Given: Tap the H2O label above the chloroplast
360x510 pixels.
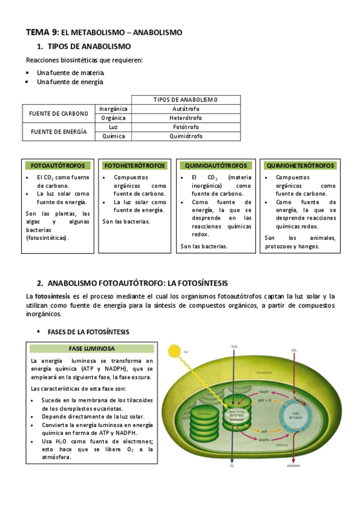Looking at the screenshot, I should [234, 347].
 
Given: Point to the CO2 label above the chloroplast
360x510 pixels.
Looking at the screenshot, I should [294, 349].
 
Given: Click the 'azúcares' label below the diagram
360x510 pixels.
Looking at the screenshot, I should [294, 466].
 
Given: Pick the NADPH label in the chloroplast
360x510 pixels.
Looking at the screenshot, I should [263, 440].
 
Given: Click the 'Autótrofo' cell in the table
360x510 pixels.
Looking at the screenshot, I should [185, 109].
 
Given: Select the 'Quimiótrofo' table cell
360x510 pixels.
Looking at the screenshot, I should [185, 136].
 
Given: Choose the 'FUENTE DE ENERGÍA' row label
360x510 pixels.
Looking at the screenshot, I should [58, 131].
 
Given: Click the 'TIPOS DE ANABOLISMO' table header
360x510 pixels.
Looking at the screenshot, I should [185, 100].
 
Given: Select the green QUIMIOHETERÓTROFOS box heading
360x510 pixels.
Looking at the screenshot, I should [300, 165].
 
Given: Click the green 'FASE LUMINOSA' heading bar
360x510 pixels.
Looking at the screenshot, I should [92, 348].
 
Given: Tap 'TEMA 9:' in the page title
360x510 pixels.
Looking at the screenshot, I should [42, 31].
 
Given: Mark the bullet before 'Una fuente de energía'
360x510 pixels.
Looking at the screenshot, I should [28, 82].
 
